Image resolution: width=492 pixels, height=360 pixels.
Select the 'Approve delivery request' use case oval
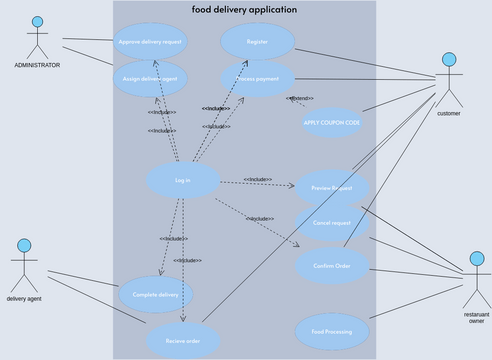click(150, 42)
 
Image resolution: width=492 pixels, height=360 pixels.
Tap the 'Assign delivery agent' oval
click(150, 78)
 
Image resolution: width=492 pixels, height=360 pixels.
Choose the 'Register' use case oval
click(258, 42)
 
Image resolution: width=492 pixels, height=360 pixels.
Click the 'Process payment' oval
click(258, 78)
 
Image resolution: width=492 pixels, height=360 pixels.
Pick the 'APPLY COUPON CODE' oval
click(332, 122)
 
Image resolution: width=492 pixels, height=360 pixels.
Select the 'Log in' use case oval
click(183, 180)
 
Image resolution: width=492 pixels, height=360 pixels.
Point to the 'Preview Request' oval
click(333, 187)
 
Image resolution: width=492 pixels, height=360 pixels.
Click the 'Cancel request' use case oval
click(333, 222)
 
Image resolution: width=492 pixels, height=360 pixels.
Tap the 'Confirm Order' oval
click(333, 265)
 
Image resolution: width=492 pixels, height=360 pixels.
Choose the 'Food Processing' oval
click(333, 329)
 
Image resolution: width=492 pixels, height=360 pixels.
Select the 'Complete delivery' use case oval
click(156, 294)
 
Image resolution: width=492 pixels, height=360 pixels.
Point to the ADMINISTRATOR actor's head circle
click(37, 22)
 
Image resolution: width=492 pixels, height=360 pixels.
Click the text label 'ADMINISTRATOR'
click(37, 65)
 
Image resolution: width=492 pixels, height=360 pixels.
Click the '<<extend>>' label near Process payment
click(301, 98)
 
